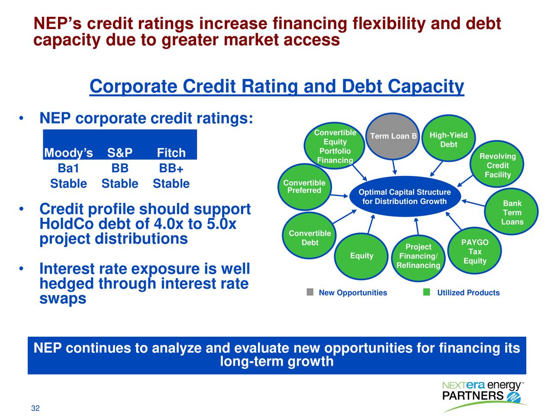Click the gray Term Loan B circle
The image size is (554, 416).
tap(393, 136)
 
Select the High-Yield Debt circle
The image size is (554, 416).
tap(448, 139)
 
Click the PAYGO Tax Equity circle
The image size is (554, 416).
tap(475, 252)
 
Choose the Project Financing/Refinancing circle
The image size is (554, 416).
tap(418, 257)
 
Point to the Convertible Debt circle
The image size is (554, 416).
tap(309, 237)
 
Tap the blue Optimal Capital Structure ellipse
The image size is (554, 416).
tap(404, 197)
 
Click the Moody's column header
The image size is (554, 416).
tap(68, 153)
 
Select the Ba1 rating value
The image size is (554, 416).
tap(68, 168)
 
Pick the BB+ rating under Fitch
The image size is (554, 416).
tap(171, 168)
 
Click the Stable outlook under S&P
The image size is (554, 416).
tap(119, 184)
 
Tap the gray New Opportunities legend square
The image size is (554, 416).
tap(310, 292)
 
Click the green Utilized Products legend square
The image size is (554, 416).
tap(426, 292)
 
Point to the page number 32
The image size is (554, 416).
tap(35, 408)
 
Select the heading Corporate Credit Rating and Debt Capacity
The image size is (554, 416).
tap(277, 87)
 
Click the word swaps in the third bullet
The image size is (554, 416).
tap(63, 299)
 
